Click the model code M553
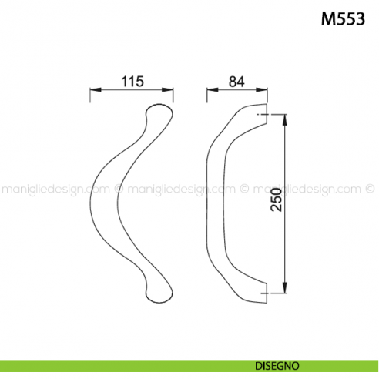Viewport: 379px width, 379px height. [x=343, y=18]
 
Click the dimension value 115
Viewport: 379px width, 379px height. [x=132, y=81]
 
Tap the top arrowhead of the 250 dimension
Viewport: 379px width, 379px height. [x=287, y=121]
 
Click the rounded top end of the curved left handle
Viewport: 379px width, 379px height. [x=157, y=113]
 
